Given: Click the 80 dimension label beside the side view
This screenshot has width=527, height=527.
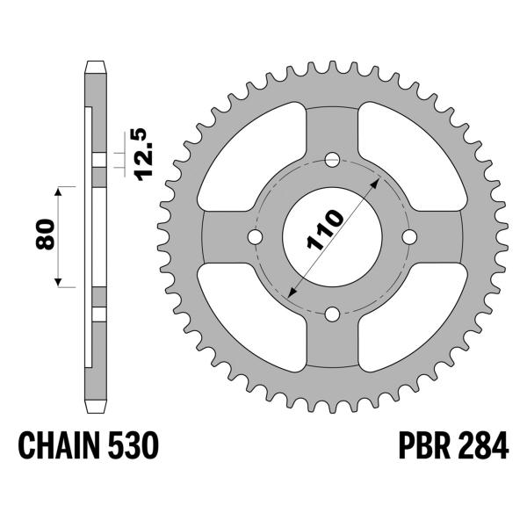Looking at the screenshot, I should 48,235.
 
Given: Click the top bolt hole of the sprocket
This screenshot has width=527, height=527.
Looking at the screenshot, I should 332,160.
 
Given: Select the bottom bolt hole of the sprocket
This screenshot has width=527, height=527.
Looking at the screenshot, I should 332,314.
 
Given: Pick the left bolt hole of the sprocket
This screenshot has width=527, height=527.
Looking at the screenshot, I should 255,237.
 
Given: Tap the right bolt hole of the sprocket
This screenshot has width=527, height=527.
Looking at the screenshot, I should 409,237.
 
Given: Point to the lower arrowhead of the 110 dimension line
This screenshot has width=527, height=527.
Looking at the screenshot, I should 290,293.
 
